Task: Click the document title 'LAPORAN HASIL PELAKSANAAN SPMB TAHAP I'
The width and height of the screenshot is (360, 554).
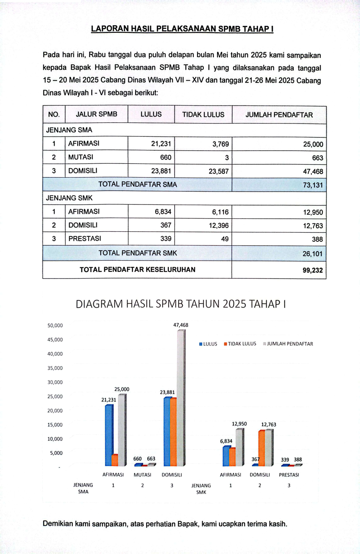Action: coord(182,29)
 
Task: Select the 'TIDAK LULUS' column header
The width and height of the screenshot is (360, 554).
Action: coord(203,114)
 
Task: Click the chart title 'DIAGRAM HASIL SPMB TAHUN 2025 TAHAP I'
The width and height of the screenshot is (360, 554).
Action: coord(181,304)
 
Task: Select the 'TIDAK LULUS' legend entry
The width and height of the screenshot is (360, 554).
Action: coord(240,344)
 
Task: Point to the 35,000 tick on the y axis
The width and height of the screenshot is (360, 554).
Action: coord(55,368)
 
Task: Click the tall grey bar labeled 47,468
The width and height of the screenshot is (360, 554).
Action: coord(181,397)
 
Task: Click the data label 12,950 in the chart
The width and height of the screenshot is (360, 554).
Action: coord(239,424)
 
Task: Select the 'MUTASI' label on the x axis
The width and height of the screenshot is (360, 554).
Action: coord(142,475)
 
